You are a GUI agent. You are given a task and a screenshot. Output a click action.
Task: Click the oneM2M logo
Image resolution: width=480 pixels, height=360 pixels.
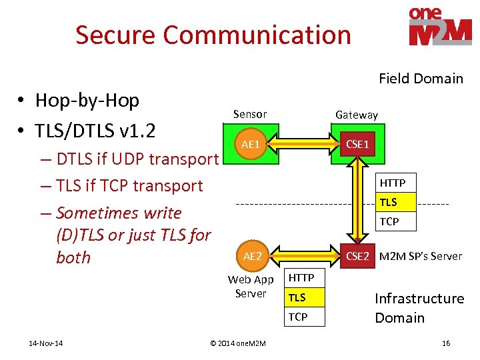(440, 27)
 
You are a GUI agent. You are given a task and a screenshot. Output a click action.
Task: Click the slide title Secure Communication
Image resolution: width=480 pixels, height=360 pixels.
(213, 35)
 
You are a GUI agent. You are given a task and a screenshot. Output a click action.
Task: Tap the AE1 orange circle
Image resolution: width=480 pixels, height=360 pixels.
(251, 144)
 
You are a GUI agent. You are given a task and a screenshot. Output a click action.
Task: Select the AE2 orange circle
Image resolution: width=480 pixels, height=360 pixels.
(253, 256)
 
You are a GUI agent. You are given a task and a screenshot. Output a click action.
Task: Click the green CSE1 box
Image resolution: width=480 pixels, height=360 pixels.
(357, 144)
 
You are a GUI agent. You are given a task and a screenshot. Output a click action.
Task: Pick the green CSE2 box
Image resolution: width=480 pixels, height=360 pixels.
(357, 256)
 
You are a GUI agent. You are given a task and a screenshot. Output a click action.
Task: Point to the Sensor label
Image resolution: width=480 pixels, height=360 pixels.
(250, 114)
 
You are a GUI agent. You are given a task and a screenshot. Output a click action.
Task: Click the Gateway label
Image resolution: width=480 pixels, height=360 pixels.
(356, 115)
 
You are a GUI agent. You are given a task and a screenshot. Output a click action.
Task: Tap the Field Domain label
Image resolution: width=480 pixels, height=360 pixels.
(421, 79)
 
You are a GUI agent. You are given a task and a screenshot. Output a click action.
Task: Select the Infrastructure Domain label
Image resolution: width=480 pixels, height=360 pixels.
(419, 308)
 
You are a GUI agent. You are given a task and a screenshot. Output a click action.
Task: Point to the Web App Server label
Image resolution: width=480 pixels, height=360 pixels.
(251, 287)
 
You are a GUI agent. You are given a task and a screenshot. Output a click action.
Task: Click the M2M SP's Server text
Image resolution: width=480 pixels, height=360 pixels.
(420, 256)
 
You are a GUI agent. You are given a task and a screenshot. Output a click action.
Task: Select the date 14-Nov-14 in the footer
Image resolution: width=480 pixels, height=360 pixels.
(46, 343)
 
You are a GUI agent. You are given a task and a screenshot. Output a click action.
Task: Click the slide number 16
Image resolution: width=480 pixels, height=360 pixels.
(446, 343)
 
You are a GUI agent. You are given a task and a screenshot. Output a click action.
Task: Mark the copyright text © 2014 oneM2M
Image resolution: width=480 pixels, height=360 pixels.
(237, 343)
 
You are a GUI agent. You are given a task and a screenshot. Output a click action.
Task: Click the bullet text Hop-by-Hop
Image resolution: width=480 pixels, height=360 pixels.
(87, 101)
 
